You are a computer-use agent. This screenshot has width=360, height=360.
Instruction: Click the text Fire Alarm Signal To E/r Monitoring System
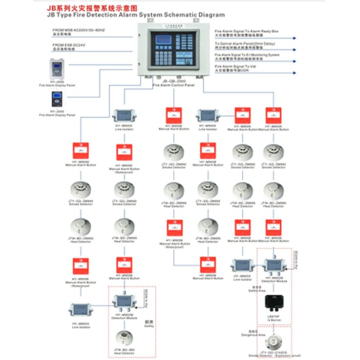click(247, 55)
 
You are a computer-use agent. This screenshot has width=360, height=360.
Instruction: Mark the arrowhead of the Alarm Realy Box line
click(296, 39)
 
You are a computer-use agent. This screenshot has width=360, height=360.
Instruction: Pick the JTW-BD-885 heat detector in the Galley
click(124, 337)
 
